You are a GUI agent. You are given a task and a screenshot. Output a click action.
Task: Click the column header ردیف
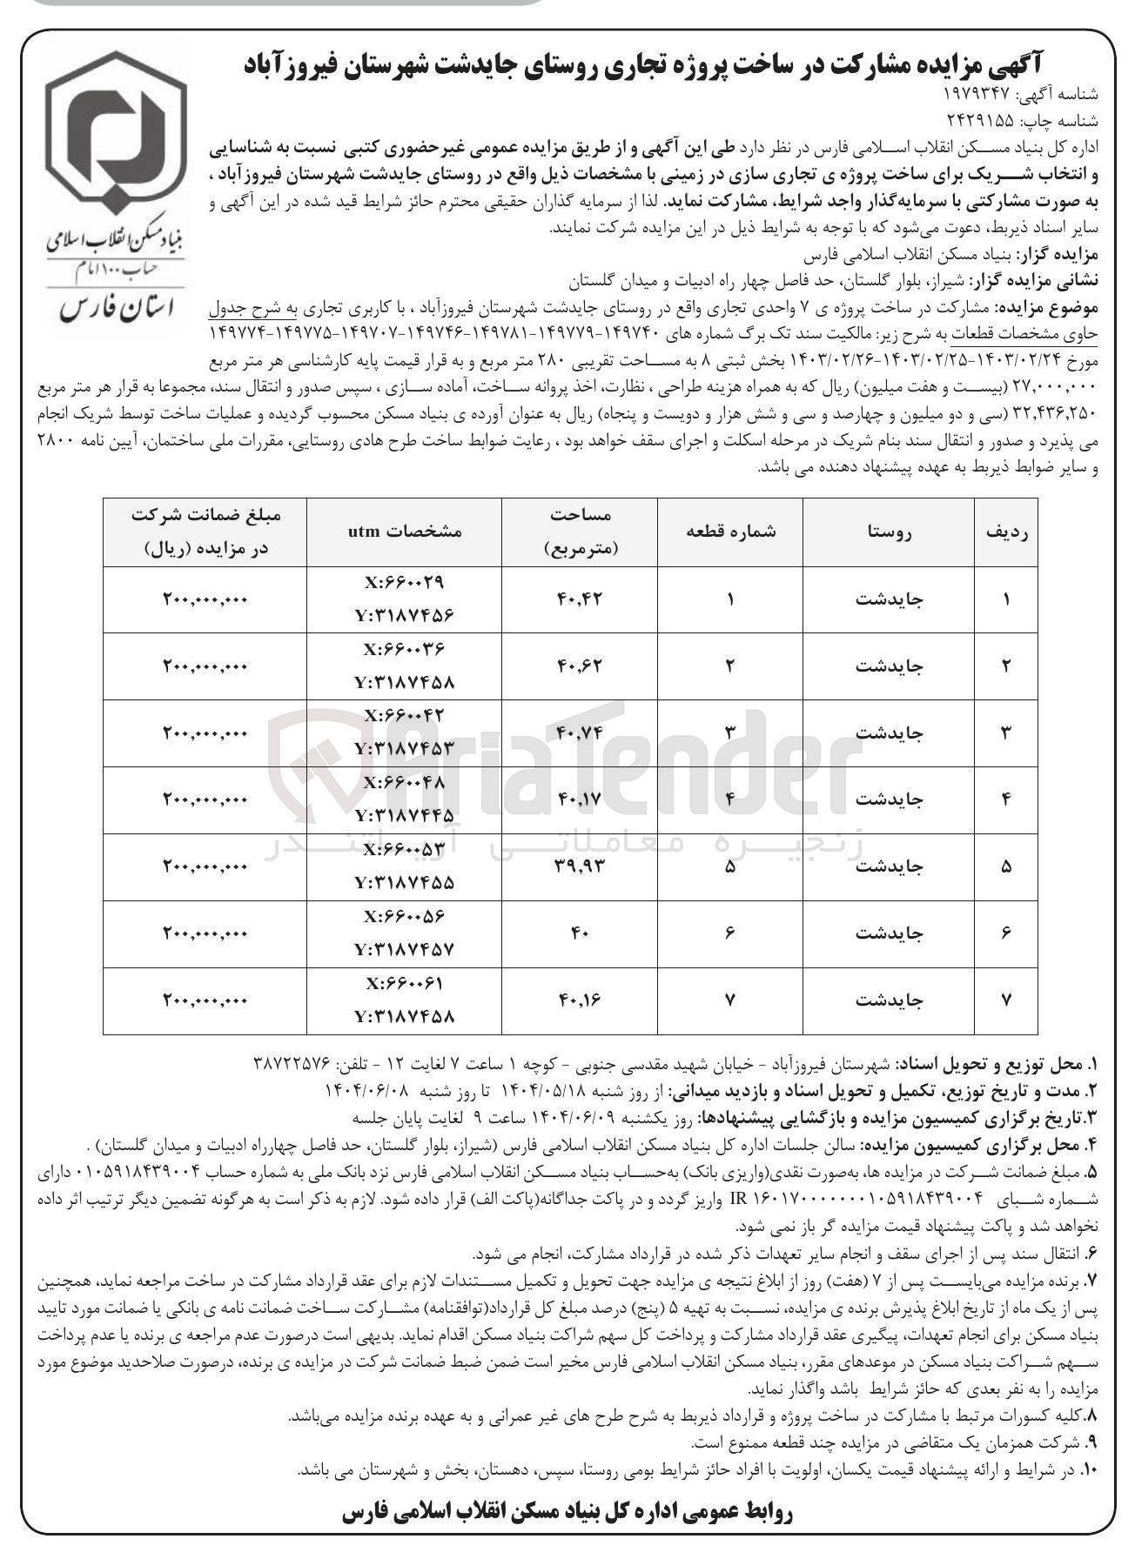pyautogui.click(x=1006, y=532)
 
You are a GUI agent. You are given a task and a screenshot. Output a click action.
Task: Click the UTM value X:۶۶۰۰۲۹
pyautogui.click(x=406, y=582)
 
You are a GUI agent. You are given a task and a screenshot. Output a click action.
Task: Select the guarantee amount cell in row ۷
pyautogui.click(x=205, y=1000)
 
